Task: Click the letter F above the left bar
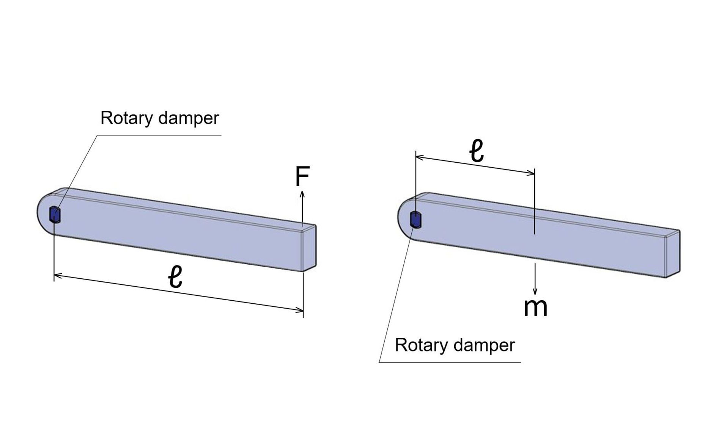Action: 302,176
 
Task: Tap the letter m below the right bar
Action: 535,307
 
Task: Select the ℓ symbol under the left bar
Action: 175,277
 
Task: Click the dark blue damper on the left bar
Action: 55,215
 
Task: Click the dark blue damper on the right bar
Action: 416,220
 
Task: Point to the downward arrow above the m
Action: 535,279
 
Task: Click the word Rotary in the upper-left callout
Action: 126,118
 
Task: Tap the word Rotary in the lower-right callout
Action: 421,345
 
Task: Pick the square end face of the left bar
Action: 309,248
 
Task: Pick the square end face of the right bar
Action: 673,254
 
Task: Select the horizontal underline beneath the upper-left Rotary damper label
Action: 159,135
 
